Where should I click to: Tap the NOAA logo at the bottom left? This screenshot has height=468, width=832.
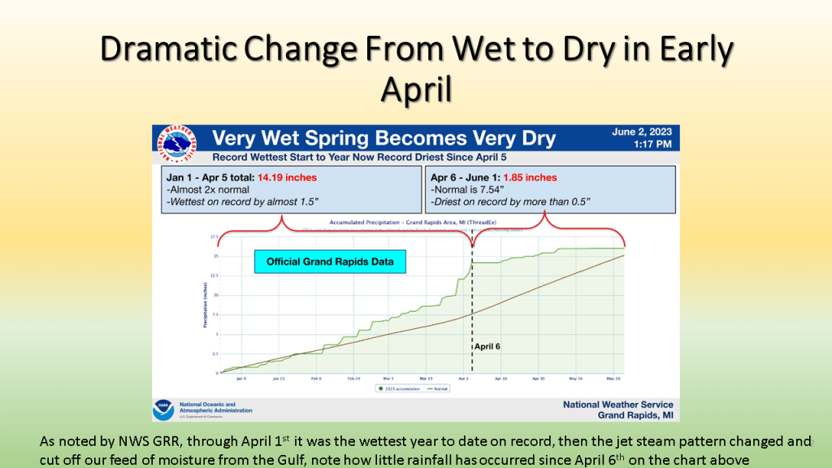tap(163, 409)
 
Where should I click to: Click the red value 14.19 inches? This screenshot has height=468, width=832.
tap(287, 177)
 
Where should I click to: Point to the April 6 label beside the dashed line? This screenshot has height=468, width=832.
tap(487, 346)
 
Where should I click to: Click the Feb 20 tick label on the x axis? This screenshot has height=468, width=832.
tap(354, 379)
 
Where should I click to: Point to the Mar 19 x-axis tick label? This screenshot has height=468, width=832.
tap(427, 379)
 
